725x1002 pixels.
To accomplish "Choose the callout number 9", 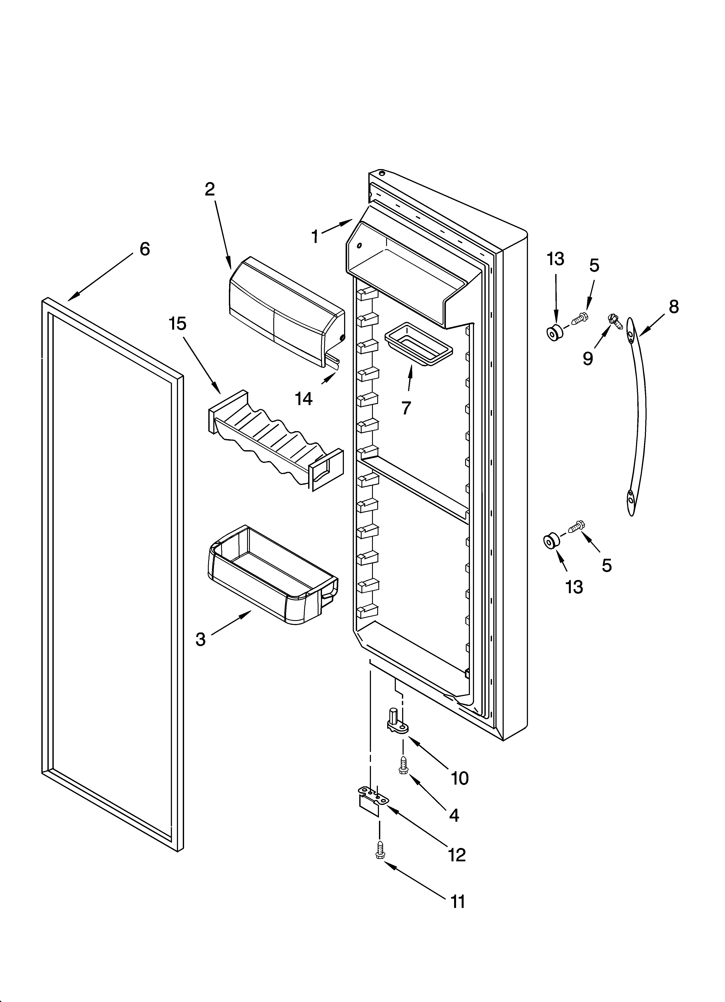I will click(x=588, y=358).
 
